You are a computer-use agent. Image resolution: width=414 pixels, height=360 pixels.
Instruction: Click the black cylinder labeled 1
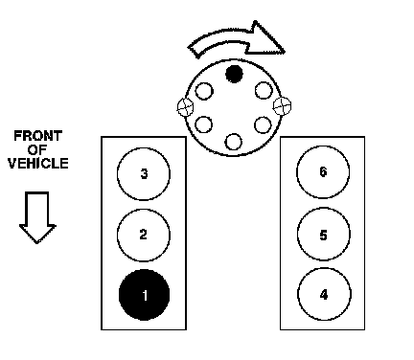pos(144,295)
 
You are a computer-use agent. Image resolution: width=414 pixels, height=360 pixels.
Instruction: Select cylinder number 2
pos(144,236)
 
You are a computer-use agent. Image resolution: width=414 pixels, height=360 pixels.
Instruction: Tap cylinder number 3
pos(144,174)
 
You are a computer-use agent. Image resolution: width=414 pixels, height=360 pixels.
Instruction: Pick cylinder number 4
pos(324,294)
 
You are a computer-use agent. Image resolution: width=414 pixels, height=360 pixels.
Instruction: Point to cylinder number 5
pos(324,235)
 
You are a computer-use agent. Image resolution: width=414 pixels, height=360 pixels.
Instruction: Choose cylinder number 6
pos(323,172)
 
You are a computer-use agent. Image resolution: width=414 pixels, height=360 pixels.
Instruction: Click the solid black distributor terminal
pos(234,74)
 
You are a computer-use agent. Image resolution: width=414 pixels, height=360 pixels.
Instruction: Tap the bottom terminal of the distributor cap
pos(234,142)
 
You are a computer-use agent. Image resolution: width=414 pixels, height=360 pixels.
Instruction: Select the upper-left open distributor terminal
pos(204,91)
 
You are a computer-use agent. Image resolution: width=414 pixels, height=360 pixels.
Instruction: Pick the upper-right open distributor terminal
pos(264,91)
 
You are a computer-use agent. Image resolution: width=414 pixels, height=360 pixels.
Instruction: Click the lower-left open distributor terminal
pos(203,124)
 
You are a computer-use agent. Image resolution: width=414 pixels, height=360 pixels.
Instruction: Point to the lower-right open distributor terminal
pos(263,124)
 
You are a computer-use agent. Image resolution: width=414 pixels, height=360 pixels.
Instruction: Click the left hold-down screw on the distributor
pos(185,107)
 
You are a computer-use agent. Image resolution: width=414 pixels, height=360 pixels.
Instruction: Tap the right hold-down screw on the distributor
pos(283,105)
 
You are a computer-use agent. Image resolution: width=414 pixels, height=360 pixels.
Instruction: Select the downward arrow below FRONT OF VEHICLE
pos(37,217)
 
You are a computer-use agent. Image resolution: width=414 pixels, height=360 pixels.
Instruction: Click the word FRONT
pos(37,136)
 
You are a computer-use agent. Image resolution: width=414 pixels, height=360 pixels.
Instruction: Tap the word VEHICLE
pos(38,163)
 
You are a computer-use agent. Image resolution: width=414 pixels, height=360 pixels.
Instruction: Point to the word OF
pos(37,149)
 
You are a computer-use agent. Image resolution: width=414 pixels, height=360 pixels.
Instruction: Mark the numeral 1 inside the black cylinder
pos(145,296)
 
